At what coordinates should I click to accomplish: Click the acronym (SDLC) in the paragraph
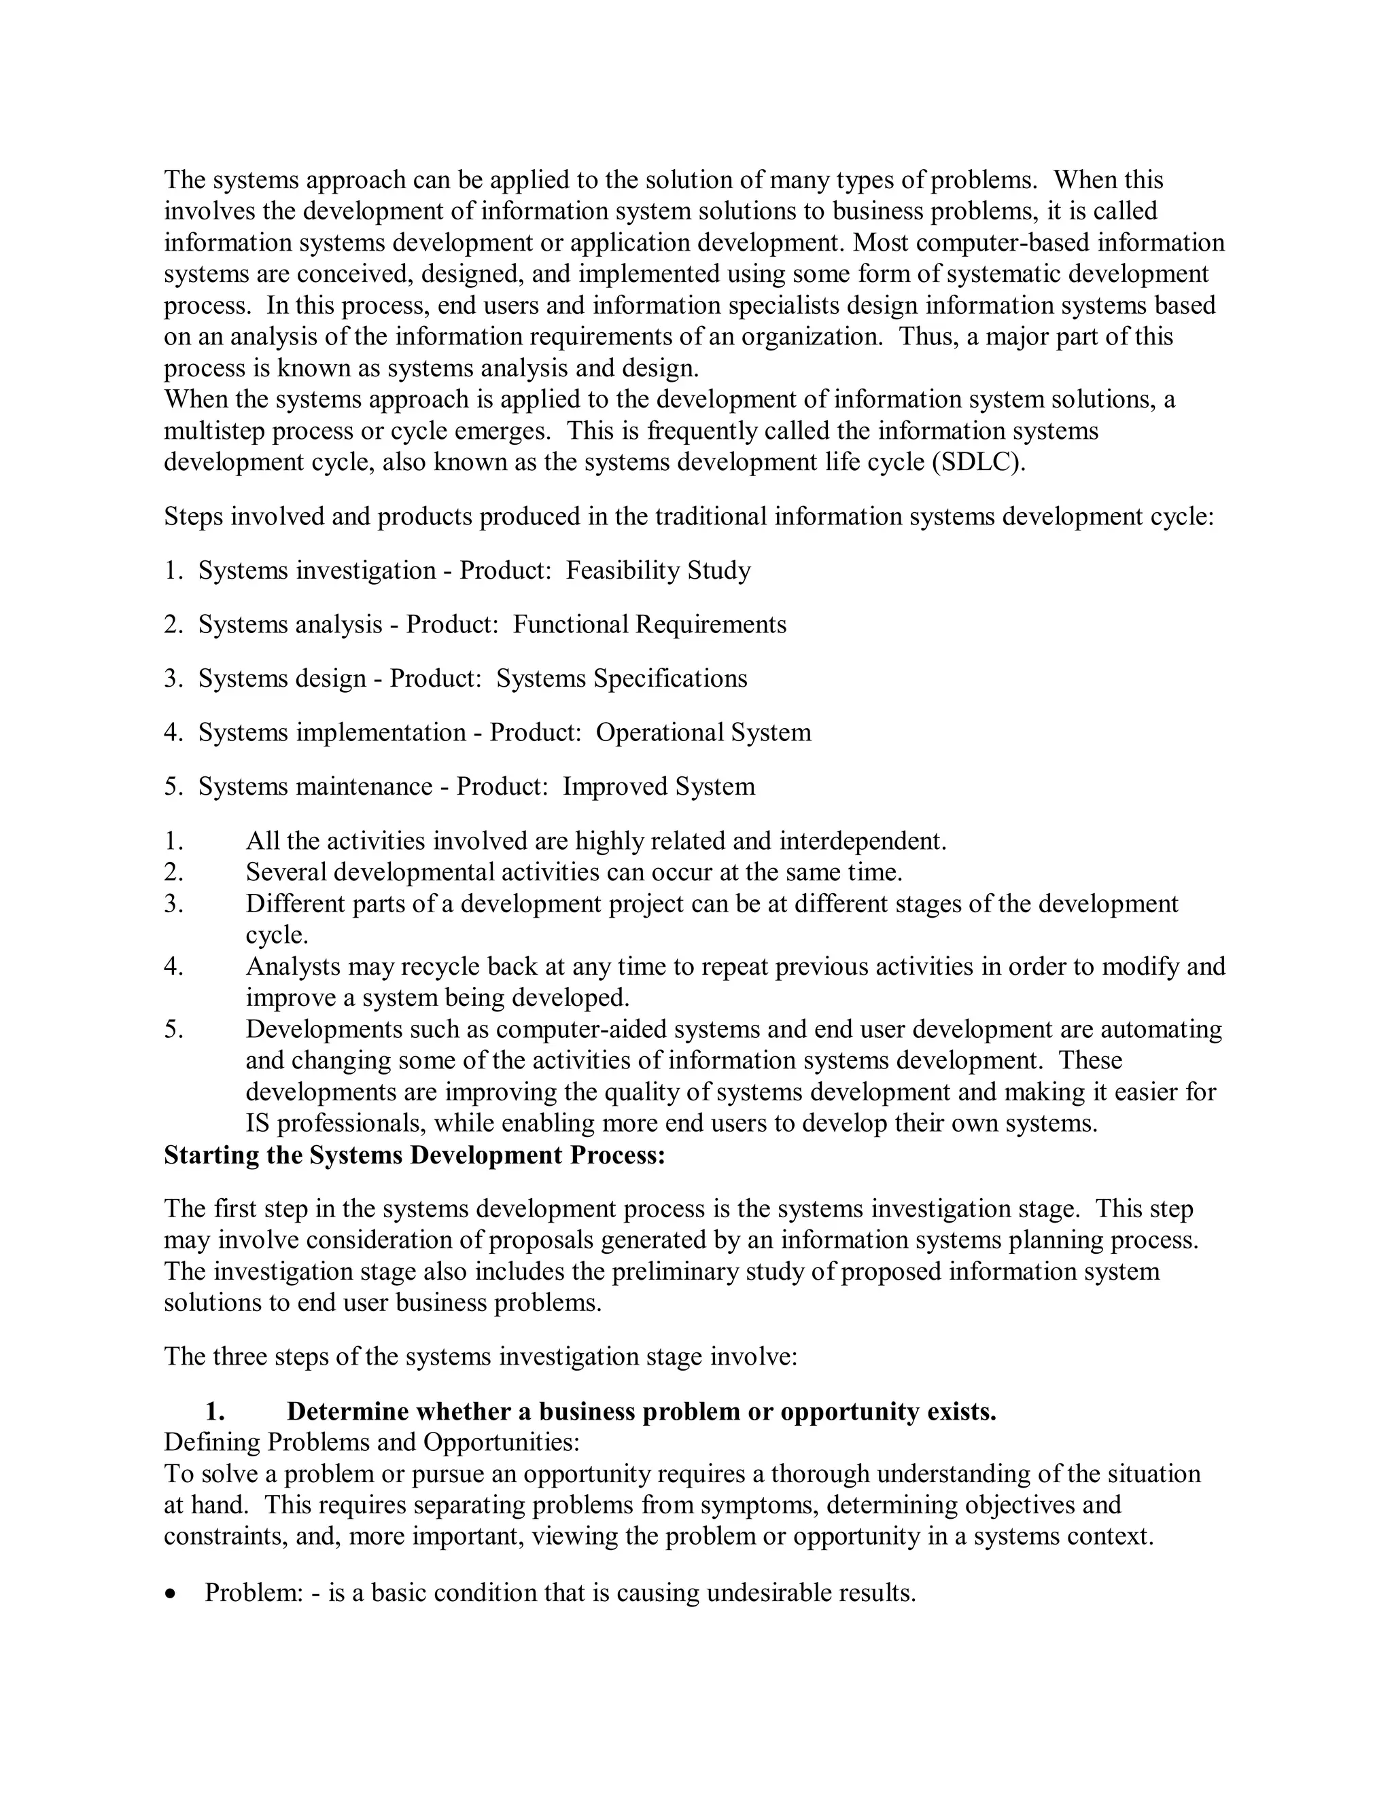(x=979, y=463)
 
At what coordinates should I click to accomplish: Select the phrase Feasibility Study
(x=658, y=571)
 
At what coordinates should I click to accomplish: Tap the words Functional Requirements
(x=649, y=625)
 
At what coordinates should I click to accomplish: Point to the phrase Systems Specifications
(x=621, y=679)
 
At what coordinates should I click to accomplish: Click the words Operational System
(x=703, y=733)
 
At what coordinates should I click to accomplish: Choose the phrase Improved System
(x=658, y=787)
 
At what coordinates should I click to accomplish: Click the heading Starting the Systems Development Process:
(x=414, y=1155)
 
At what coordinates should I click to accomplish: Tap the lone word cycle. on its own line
(x=277, y=935)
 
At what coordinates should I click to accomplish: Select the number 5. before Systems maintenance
(x=173, y=787)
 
